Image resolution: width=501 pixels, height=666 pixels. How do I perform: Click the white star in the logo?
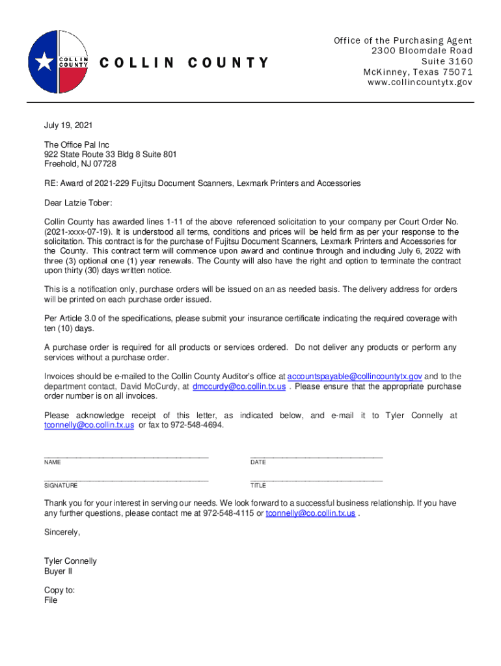pos(44,62)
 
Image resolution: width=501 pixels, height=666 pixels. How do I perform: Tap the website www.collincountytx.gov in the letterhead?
pos(420,83)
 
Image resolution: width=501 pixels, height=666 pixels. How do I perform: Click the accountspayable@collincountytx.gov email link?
pos(355,377)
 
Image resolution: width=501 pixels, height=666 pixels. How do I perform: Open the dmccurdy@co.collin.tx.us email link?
pos(239,386)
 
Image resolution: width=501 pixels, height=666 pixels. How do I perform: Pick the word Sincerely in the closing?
pos(62,532)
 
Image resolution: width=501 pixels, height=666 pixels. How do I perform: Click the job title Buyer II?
pos(58,571)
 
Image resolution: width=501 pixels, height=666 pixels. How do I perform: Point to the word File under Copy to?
pos(51,600)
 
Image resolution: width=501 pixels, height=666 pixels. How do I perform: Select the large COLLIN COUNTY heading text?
pos(183,62)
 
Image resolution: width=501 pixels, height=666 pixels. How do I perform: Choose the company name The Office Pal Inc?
pos(77,144)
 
